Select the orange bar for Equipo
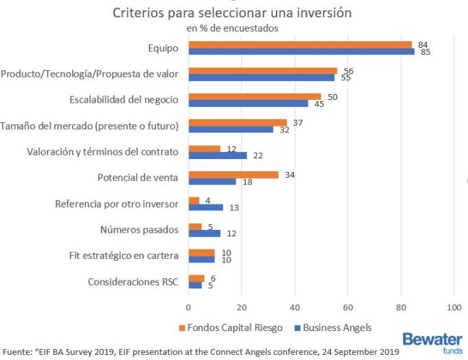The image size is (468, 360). (300, 44)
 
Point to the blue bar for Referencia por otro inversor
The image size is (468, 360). (205, 207)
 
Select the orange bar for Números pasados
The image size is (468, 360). (194, 226)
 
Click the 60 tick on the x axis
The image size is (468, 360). (347, 307)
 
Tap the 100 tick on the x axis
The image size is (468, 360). (454, 307)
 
